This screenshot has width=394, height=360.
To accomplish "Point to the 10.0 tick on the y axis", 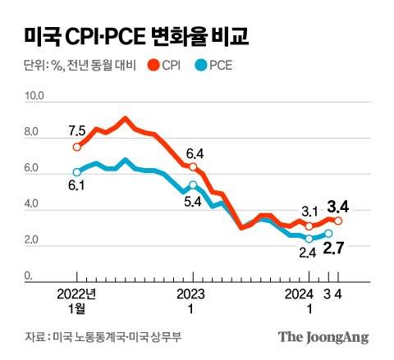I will [x=34, y=97].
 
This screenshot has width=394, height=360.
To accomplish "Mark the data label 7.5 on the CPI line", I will [x=77, y=130].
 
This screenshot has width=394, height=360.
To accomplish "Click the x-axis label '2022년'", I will [x=77, y=294].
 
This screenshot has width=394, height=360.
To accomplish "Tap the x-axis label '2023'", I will [x=192, y=294].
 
